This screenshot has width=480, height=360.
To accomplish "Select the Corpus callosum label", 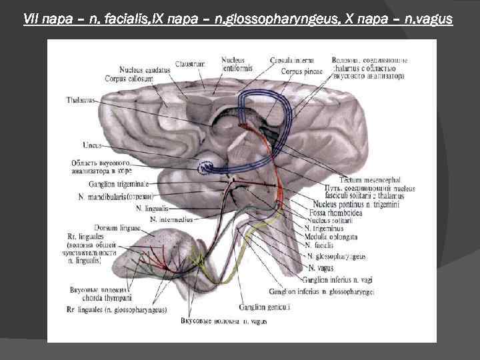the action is click(129, 78).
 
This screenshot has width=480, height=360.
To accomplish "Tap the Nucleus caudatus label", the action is click(145, 70).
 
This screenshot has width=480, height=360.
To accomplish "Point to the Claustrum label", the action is click(190, 63).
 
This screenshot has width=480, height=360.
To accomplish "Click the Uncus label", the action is click(92, 144).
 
